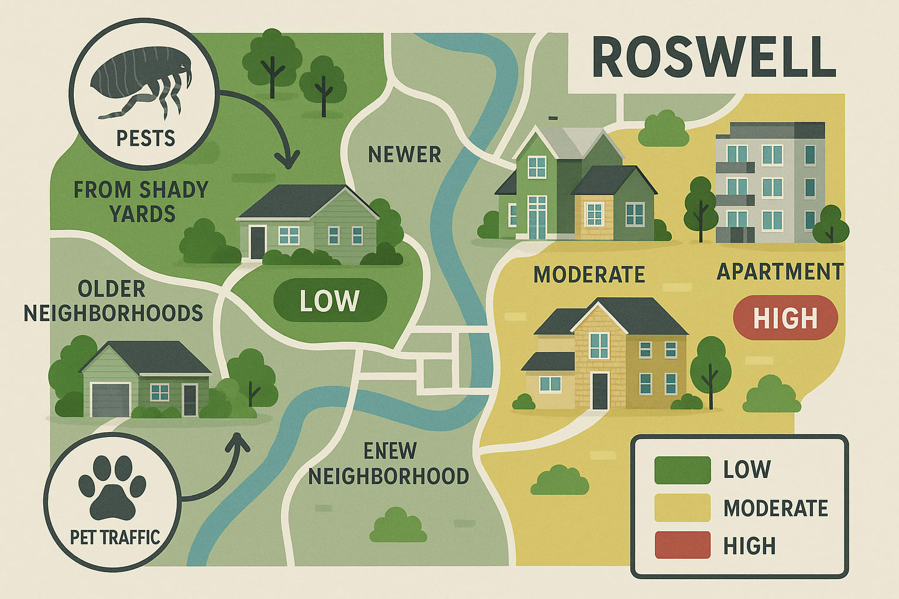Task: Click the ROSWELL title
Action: tap(714, 57)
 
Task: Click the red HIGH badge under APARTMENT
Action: tap(785, 318)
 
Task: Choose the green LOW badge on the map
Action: tap(330, 301)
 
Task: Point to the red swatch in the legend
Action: tap(682, 545)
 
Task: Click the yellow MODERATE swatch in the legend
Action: tap(682, 507)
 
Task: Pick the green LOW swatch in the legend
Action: tap(682, 470)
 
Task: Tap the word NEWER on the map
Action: tap(404, 155)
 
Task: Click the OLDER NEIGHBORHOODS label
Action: tap(114, 301)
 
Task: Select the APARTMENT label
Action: tap(780, 272)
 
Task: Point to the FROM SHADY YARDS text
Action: tap(142, 202)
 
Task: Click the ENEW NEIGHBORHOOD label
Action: tap(389, 464)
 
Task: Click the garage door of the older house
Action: tap(111, 400)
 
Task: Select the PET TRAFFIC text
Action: tap(115, 537)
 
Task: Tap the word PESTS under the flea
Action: tap(146, 139)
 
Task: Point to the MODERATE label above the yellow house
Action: tap(589, 274)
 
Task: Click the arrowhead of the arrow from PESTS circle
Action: tap(288, 161)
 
